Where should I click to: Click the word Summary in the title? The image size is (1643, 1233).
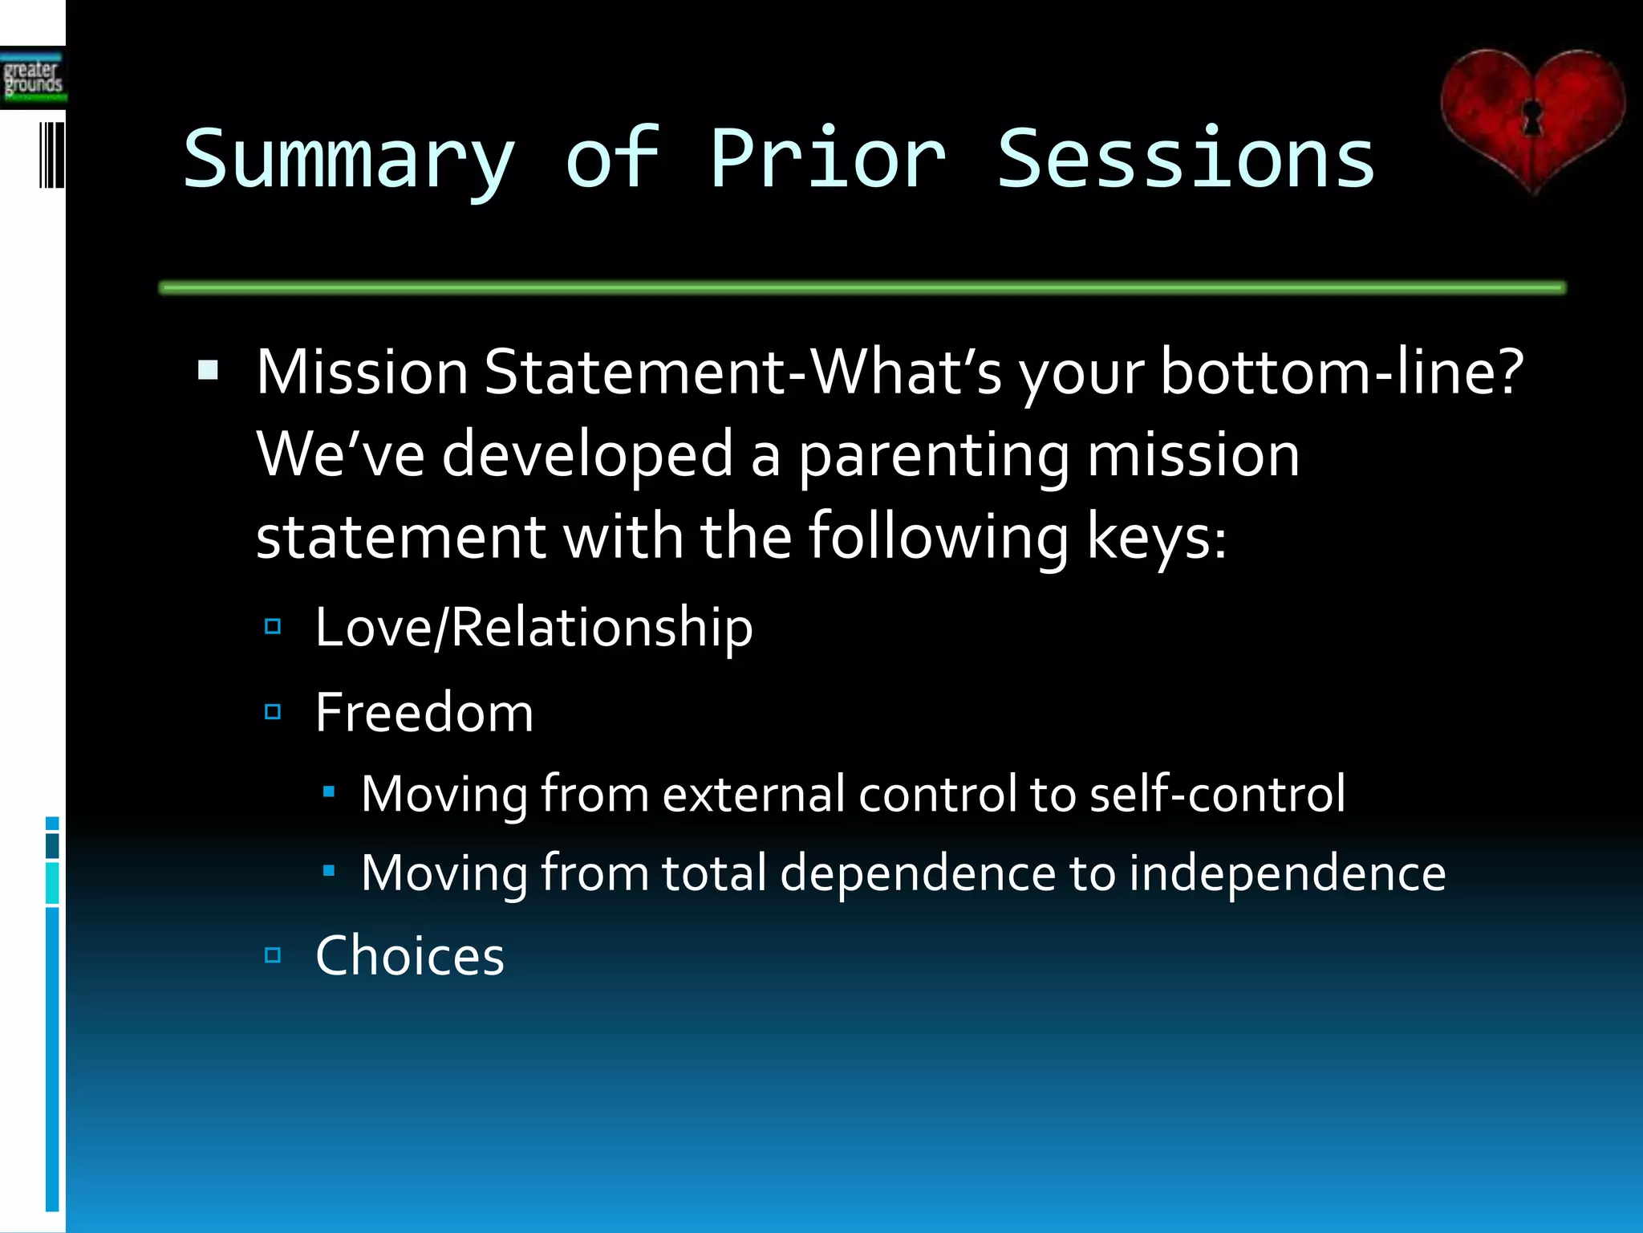pyautogui.click(x=349, y=161)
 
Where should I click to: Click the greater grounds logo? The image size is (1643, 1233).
pyautogui.click(x=32, y=78)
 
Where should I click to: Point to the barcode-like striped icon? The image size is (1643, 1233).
pyautogui.click(x=51, y=155)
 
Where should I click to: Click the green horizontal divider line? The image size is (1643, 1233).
pyautogui.click(x=862, y=287)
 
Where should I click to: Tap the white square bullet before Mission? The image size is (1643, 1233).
pyautogui.click(x=209, y=370)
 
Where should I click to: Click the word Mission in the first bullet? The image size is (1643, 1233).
pyautogui.click(x=362, y=372)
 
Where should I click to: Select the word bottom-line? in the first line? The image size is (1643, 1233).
pyautogui.click(x=1342, y=372)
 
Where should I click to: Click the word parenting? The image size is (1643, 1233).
pyautogui.click(x=933, y=455)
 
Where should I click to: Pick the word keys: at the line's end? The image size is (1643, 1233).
pyautogui.click(x=1156, y=537)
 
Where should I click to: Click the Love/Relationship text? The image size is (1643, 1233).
pyautogui.click(x=533, y=627)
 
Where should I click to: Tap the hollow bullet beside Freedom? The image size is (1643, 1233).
pyautogui.click(x=273, y=711)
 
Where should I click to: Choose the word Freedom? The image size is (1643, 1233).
pyautogui.click(x=424, y=712)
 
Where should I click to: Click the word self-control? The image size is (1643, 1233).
pyautogui.click(x=1217, y=794)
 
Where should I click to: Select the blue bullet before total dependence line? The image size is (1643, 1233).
pyautogui.click(x=328, y=869)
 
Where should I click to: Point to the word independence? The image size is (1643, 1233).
pyautogui.click(x=1287, y=873)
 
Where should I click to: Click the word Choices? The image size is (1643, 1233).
pyautogui.click(x=410, y=955)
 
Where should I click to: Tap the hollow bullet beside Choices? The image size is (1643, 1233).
pyautogui.click(x=273, y=954)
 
